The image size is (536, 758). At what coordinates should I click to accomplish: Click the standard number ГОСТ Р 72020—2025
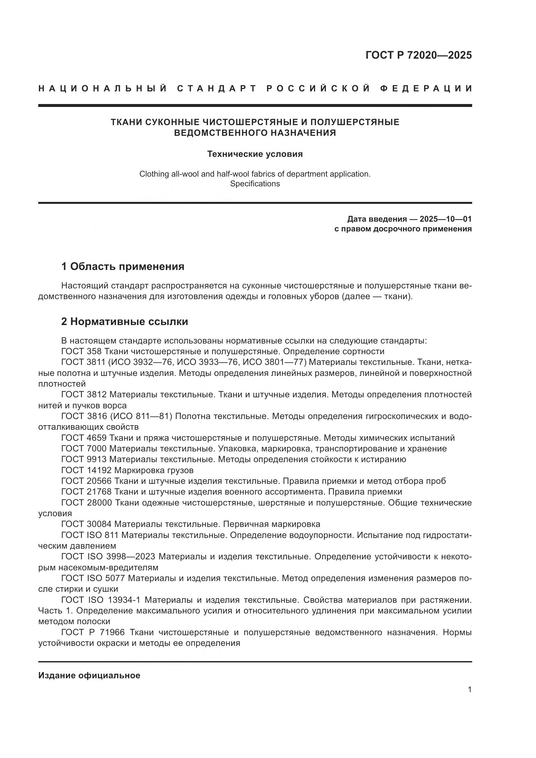click(x=418, y=55)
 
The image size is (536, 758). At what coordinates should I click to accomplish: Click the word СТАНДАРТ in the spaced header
click(x=217, y=88)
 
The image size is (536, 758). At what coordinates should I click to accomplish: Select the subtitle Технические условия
click(x=255, y=154)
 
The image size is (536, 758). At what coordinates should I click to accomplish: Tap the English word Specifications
click(x=255, y=184)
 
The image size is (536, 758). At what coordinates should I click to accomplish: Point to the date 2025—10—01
click(x=446, y=219)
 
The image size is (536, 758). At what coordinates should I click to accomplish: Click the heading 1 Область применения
click(x=123, y=266)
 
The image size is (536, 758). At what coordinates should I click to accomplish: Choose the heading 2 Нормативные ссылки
click(x=124, y=321)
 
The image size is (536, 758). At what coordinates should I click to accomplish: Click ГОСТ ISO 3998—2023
click(x=108, y=557)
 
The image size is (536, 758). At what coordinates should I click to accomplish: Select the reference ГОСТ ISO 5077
click(x=93, y=578)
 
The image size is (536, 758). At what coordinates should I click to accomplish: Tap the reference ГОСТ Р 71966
click(x=93, y=633)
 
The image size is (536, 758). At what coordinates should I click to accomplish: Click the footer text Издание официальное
click(x=89, y=675)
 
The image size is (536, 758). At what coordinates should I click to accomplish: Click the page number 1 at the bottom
click(x=470, y=690)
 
